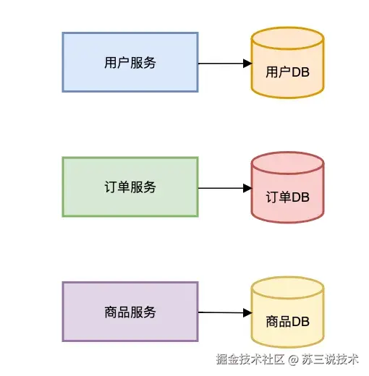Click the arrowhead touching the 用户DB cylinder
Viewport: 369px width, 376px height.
click(247, 63)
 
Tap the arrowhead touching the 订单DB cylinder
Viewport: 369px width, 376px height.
click(247, 188)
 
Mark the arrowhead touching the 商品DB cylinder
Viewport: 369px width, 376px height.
click(247, 312)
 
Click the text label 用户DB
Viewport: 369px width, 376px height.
click(288, 72)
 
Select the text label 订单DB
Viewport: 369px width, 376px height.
click(288, 197)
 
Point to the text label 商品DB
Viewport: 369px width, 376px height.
click(288, 321)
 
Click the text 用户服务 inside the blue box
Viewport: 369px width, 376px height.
click(130, 62)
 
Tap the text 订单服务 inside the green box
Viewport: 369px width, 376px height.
click(130, 187)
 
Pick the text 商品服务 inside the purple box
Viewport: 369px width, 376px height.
click(130, 312)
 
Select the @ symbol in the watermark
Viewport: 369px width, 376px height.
click(294, 359)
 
